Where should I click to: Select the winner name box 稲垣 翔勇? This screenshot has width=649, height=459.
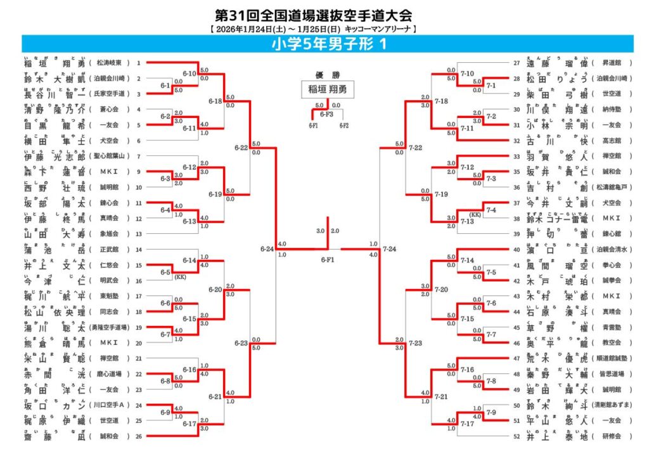(328, 89)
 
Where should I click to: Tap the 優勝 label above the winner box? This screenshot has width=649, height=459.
(328, 74)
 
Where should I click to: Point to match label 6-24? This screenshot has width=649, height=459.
(267, 249)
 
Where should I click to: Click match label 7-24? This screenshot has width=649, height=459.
(390, 249)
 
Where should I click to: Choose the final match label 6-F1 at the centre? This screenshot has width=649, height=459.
(328, 259)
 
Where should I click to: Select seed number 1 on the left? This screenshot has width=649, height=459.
(139, 63)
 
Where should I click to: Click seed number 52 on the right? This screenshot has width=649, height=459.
(516, 436)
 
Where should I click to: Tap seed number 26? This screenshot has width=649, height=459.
(139, 436)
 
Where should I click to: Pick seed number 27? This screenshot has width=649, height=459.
(516, 63)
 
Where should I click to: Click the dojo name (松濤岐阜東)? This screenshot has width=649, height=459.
(113, 63)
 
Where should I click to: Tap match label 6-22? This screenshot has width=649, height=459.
(240, 148)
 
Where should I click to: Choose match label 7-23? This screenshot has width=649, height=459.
(416, 343)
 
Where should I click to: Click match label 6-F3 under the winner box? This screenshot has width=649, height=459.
(327, 114)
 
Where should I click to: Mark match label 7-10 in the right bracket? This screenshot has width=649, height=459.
(467, 74)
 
